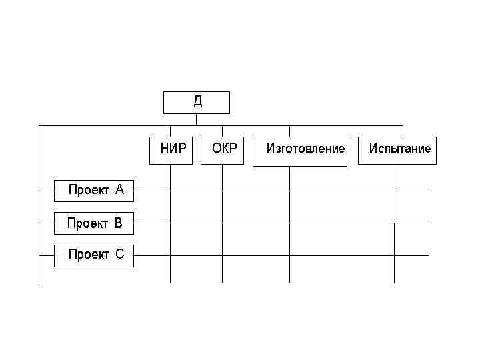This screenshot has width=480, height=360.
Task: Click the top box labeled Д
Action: pos(197,103)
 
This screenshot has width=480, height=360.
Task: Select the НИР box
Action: pos(171,149)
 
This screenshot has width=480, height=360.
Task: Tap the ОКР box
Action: pos(222,149)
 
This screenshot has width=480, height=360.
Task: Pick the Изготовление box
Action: pos(300,151)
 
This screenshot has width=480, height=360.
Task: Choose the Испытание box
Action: pos(397,150)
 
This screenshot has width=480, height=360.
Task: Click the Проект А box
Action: pos(93,191)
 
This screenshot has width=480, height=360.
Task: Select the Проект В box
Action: pos(93,223)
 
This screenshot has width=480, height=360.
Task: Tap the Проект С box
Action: pos(93,255)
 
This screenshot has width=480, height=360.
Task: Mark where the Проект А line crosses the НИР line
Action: pos(171,191)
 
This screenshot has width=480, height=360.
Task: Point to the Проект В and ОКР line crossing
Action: pos(222,223)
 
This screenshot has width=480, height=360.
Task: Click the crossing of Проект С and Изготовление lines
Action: pos(290,255)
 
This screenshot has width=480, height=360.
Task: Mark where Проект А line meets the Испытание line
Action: pos(395,191)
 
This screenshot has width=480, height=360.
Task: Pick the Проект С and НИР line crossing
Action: pos(171,255)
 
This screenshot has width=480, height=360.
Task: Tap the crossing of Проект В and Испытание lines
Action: pos(395,223)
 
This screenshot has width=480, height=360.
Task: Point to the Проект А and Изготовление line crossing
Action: pos(290,191)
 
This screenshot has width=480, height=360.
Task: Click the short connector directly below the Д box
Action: pos(197,119)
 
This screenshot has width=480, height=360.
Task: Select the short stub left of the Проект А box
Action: pos(47,191)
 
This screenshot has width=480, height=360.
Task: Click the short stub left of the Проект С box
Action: pos(47,255)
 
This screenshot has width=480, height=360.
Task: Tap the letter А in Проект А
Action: pos(119,190)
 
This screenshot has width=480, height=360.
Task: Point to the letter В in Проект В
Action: pos(119,223)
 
